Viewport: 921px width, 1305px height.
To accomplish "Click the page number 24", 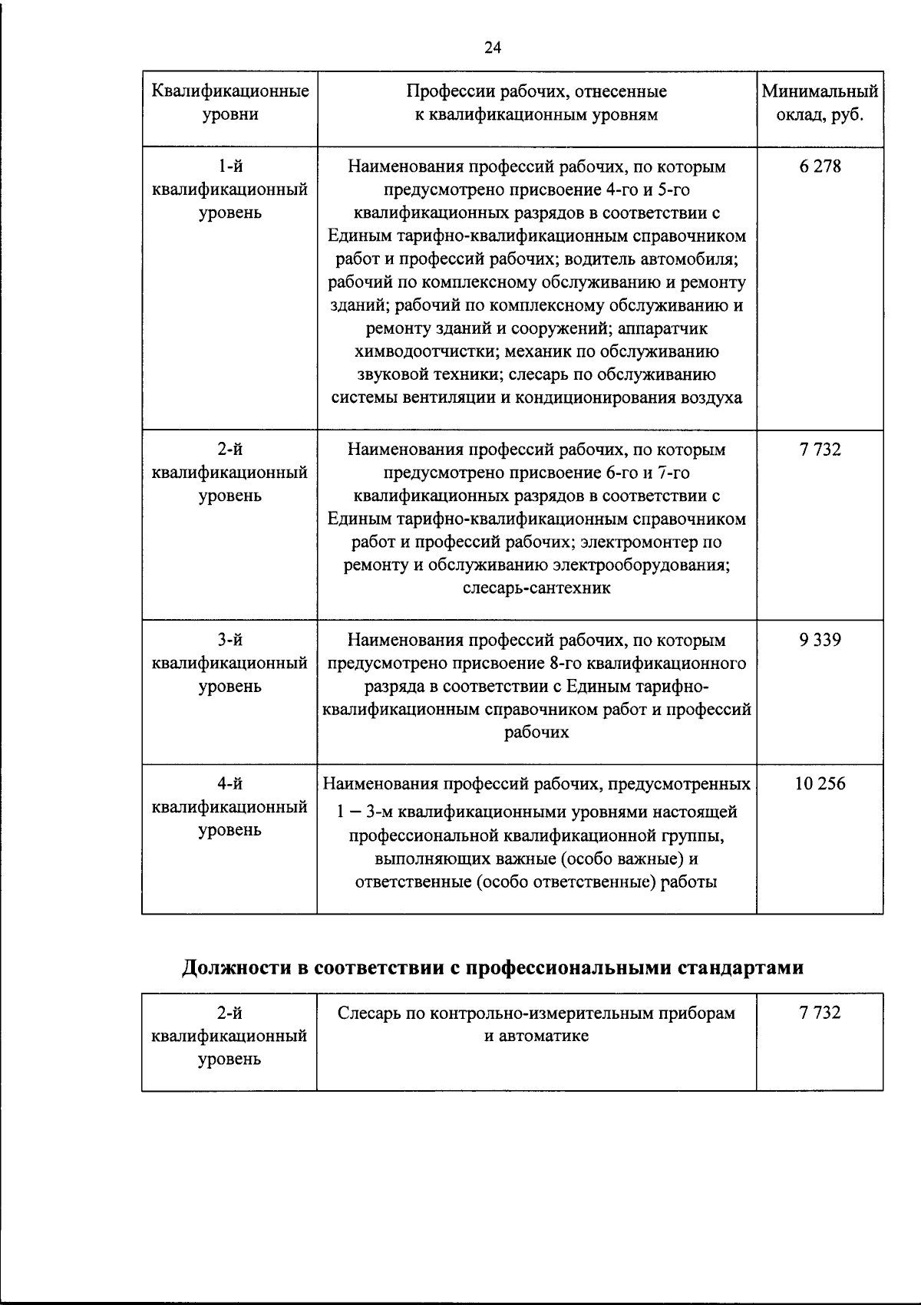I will pos(492,48).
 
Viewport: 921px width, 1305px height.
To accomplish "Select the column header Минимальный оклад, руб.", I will pos(819,104).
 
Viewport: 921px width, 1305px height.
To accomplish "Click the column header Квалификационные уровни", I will pos(230,104).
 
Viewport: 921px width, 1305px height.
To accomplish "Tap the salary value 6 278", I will pos(819,166).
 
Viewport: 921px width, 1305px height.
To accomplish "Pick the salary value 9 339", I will pos(819,640).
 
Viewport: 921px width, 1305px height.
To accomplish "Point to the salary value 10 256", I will pos(820,783).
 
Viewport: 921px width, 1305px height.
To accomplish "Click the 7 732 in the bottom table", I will pos(819,1013).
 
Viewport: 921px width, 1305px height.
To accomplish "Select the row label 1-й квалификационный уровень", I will pos(230,189).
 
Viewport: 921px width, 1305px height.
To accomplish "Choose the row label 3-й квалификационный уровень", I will pos(230,663).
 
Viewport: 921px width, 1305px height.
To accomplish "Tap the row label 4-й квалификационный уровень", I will pos(230,806).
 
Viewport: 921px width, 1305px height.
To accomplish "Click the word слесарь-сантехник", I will pos(536,588).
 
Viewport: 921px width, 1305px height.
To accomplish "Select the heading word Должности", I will pos(236,967).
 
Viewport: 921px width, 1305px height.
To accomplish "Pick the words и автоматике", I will pos(536,1036).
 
